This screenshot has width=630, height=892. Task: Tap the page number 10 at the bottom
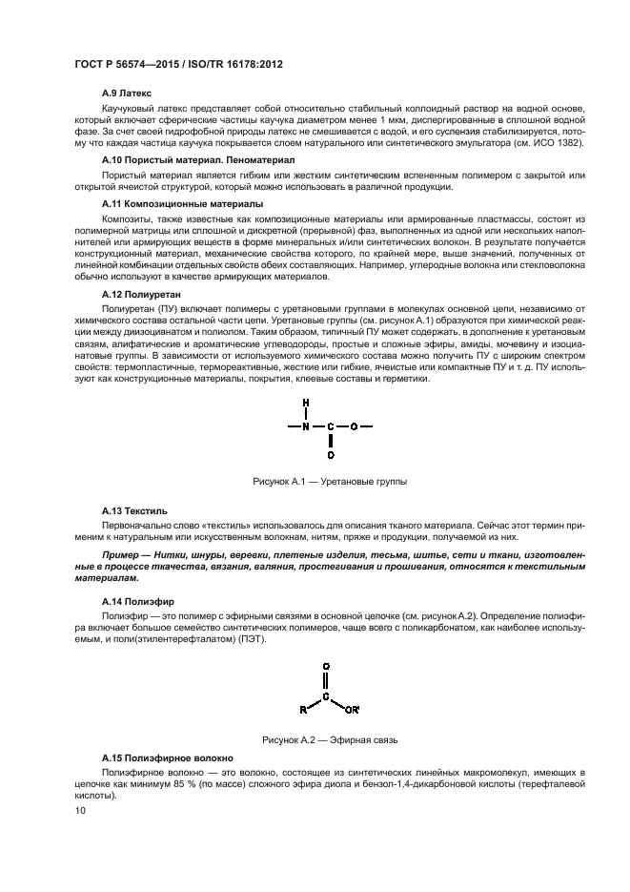click(80, 811)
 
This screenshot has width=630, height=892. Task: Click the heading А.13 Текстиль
click(133, 510)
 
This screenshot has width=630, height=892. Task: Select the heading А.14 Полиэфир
click(135, 603)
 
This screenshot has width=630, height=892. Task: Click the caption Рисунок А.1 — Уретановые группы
click(329, 483)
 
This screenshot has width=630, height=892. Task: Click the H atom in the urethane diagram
click(306, 402)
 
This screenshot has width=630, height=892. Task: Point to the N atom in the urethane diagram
click(306, 426)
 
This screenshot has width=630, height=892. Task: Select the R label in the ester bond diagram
click(302, 709)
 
